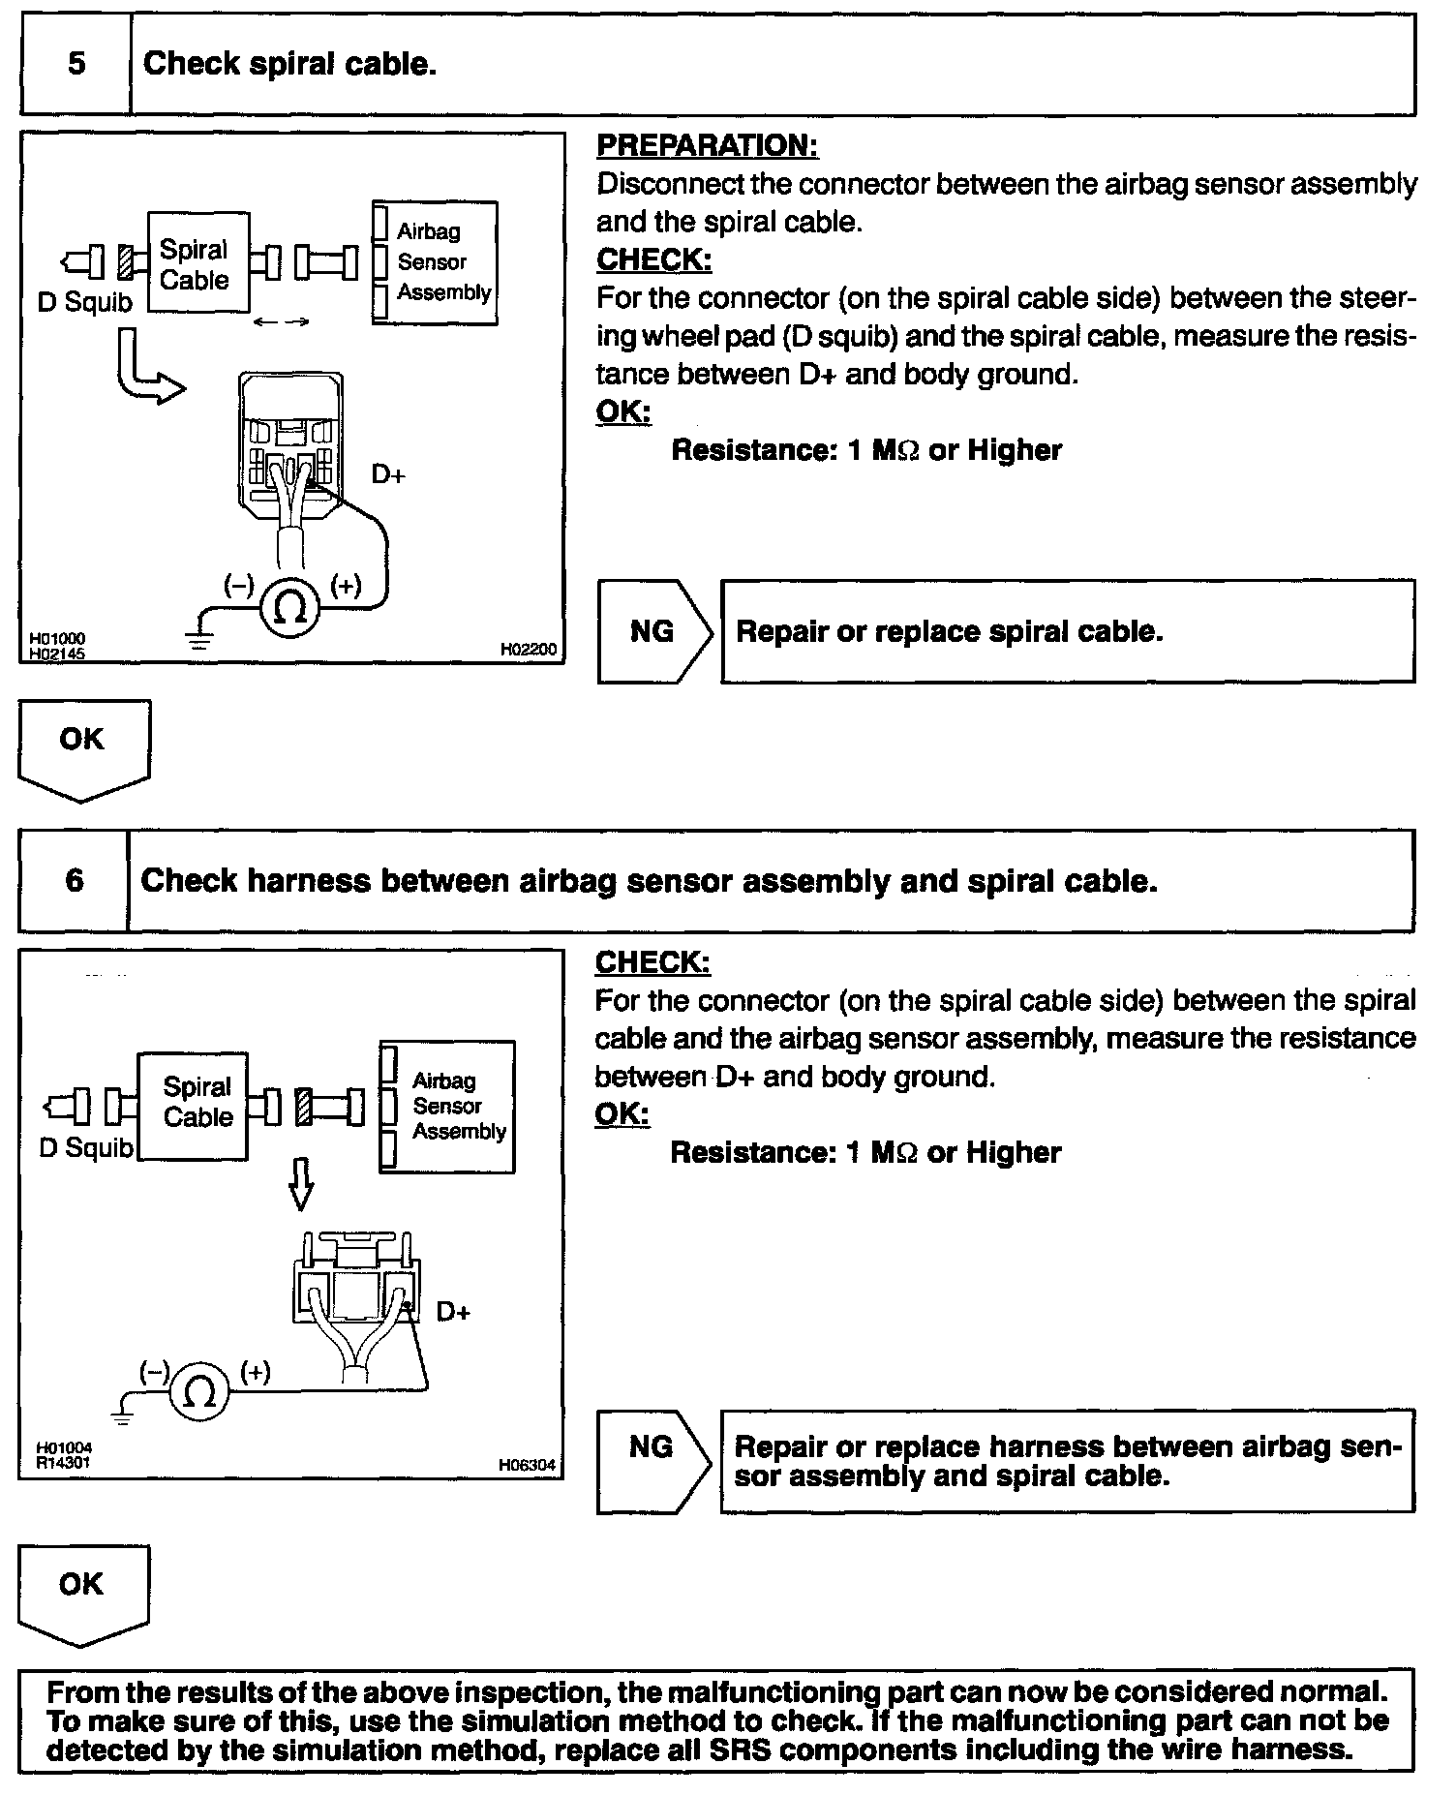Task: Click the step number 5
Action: [x=76, y=64]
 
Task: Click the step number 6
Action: [x=75, y=880]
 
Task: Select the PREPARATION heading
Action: [x=707, y=146]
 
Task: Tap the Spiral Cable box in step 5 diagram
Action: [x=197, y=263]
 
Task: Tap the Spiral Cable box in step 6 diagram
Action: [x=193, y=1105]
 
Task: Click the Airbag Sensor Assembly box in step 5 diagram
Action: [x=436, y=262]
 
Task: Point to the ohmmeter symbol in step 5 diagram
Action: [x=290, y=607]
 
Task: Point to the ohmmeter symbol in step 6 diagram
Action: [x=200, y=1392]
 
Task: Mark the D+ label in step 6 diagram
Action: [x=453, y=1312]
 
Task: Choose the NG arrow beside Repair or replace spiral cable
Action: [x=655, y=632]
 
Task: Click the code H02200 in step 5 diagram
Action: [x=529, y=650]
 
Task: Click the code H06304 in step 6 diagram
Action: [x=528, y=1465]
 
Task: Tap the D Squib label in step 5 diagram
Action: [x=85, y=302]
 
